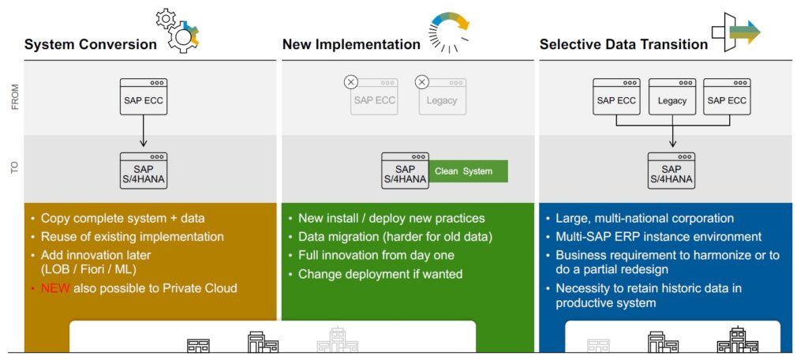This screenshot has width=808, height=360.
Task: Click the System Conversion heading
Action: (x=91, y=44)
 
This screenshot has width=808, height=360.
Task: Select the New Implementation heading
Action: (x=351, y=44)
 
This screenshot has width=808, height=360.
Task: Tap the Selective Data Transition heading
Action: (x=623, y=44)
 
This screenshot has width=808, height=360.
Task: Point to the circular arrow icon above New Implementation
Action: (x=449, y=32)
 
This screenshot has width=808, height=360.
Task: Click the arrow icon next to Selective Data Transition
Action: (x=735, y=32)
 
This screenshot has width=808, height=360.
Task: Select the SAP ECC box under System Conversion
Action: (x=143, y=96)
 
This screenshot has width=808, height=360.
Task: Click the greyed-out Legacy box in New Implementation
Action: (x=442, y=96)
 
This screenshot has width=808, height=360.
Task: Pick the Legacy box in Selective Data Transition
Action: (x=671, y=96)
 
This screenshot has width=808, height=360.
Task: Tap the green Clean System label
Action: (x=468, y=171)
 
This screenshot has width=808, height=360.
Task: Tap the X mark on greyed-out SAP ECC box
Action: (x=351, y=81)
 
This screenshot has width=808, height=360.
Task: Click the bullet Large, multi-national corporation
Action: (x=645, y=219)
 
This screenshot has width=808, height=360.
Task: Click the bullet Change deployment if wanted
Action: (x=380, y=274)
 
